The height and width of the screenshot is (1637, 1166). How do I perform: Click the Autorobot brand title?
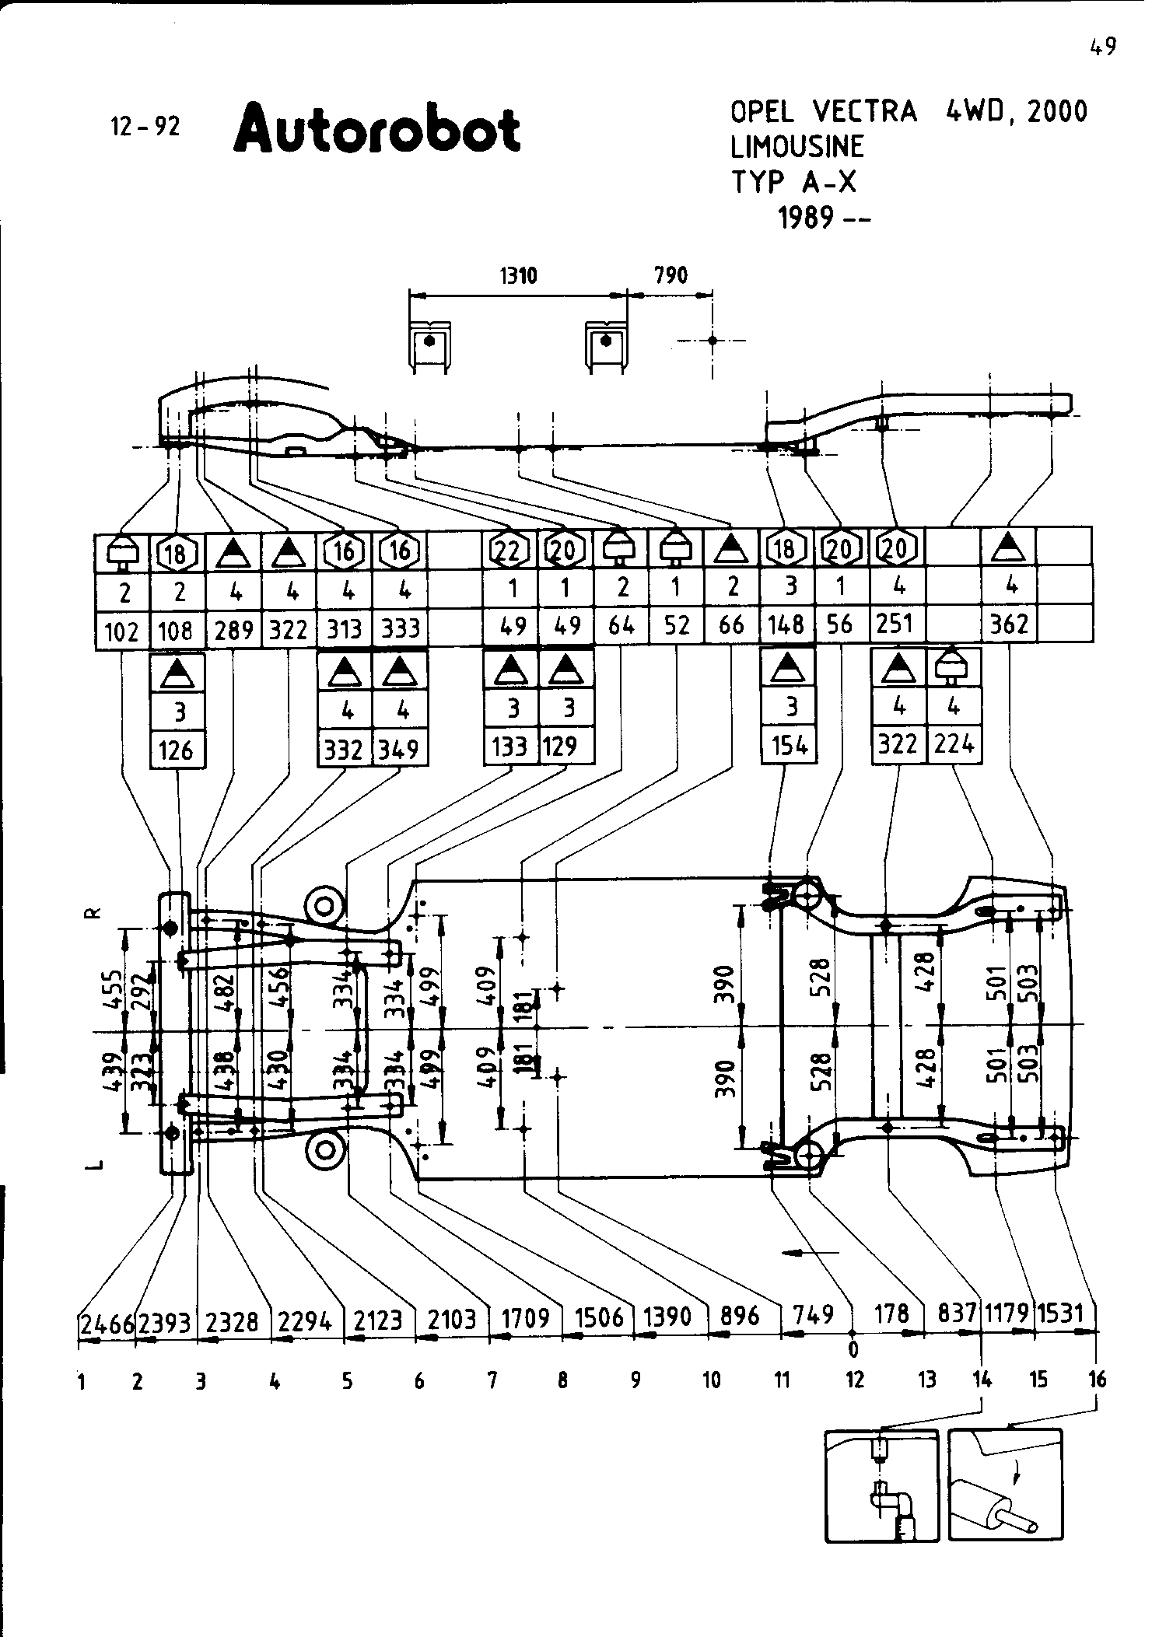coord(376,128)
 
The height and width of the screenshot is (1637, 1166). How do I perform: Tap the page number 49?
coord(1102,47)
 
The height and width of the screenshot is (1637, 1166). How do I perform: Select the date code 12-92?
coord(145,126)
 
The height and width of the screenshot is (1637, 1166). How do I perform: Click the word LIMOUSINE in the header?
coord(797,146)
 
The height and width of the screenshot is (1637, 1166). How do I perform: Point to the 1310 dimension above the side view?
coord(518,275)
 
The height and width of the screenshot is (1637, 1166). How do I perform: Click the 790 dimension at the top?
coord(671,275)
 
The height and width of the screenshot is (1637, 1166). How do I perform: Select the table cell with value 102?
coord(121,630)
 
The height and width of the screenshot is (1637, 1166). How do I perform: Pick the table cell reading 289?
coord(234,628)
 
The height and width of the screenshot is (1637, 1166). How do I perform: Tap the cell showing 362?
coord(1009,624)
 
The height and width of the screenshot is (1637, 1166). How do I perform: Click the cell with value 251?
coord(895,624)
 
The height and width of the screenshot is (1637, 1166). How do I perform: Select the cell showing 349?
coord(400,748)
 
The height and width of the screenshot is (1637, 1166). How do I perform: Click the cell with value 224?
coord(954,744)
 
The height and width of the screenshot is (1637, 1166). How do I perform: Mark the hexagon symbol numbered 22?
coord(508,551)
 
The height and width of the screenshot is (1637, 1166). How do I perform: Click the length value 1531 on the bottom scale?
coord(1061,1313)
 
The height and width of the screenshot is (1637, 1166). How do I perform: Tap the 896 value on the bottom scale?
coord(739,1316)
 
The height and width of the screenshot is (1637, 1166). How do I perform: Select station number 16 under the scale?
coord(1097,1380)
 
